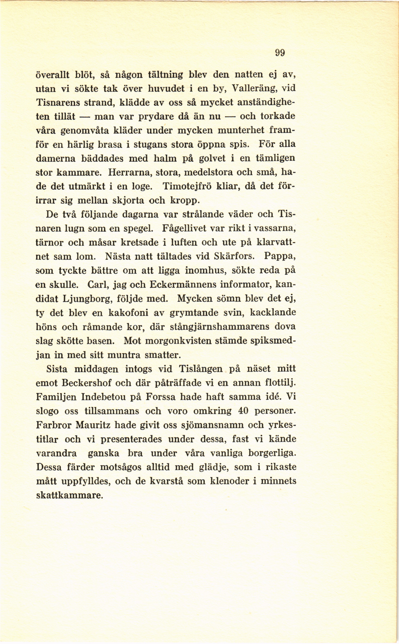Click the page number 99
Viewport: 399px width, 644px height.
click(280, 53)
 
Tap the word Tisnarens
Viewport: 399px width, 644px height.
click(58, 103)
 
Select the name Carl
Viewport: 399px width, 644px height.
click(97, 285)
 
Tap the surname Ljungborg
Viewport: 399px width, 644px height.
click(85, 299)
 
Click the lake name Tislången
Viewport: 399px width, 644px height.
click(201, 369)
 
